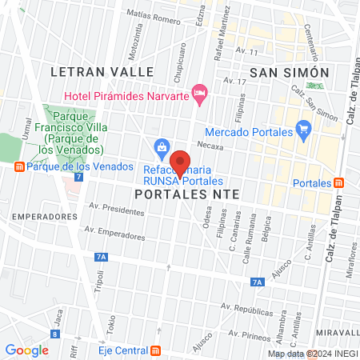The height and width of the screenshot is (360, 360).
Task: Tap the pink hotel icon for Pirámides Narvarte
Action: click(200, 94)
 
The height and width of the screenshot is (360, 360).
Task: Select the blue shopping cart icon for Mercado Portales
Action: click(302, 130)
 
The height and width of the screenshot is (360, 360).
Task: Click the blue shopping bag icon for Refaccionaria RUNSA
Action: click(162, 147)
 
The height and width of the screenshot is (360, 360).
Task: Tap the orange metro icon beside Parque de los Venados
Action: click(18, 166)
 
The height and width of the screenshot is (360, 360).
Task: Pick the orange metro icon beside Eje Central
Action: click(155, 350)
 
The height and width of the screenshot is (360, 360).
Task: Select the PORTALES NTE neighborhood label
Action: click(187, 194)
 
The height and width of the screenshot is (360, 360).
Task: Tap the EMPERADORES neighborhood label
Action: click(34, 217)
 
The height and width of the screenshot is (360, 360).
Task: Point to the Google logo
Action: click(26, 350)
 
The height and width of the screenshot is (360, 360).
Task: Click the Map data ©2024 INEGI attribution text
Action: click(311, 354)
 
